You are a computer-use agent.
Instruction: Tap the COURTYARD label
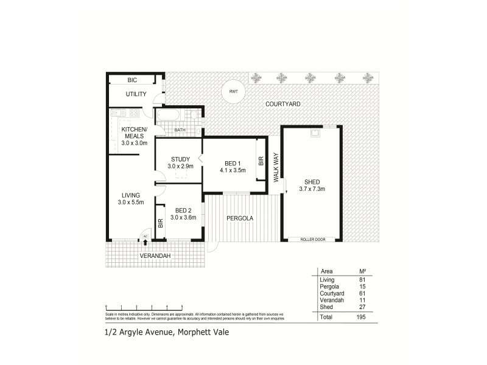click(283, 104)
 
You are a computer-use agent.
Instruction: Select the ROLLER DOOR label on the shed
click(312, 240)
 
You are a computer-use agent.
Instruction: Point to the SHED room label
click(312, 185)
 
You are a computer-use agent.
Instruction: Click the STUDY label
click(180, 162)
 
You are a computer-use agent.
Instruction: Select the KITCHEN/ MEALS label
click(135, 136)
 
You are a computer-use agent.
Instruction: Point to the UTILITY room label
click(135, 94)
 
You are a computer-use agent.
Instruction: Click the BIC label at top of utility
click(132, 80)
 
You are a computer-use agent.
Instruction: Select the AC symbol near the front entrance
click(145, 237)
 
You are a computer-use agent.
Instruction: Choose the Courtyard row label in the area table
click(331, 293)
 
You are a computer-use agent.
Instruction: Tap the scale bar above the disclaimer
click(144, 306)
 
